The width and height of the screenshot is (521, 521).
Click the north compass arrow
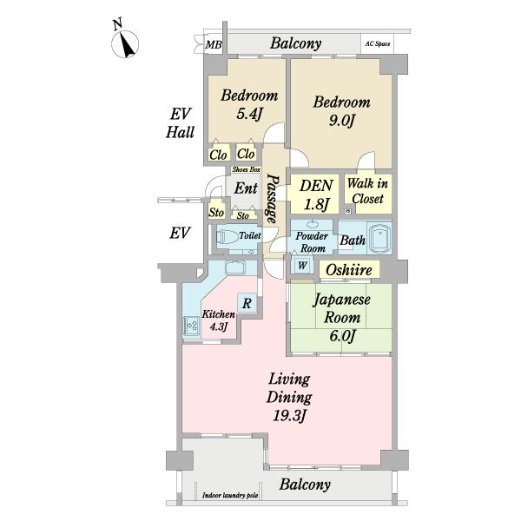click(128, 45)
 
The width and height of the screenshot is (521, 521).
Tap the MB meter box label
click(213, 44)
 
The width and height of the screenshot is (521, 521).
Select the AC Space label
click(378, 43)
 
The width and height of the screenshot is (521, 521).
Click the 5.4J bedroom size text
click(249, 114)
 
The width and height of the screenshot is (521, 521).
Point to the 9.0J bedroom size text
click(342, 121)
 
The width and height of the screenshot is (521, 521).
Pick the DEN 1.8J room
click(315, 194)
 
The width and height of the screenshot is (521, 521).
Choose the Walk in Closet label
click(368, 191)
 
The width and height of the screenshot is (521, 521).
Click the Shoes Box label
click(246, 169)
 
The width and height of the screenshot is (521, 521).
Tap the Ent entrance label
click(246, 188)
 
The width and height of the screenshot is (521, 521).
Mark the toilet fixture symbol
click(228, 237)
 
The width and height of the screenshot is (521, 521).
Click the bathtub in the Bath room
click(379, 238)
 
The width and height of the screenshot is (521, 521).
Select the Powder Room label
click(312, 242)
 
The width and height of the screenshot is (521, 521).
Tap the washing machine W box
click(302, 265)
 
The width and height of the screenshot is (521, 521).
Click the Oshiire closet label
click(349, 270)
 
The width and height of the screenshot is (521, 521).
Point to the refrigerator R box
click(247, 303)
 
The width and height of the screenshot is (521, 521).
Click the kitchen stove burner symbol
click(192, 325)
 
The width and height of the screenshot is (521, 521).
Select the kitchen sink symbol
click(235, 267)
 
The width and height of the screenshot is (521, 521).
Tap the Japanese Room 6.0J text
click(342, 317)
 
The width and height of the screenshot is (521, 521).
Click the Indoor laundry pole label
click(230, 496)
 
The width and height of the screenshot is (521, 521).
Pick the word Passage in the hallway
click(273, 199)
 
